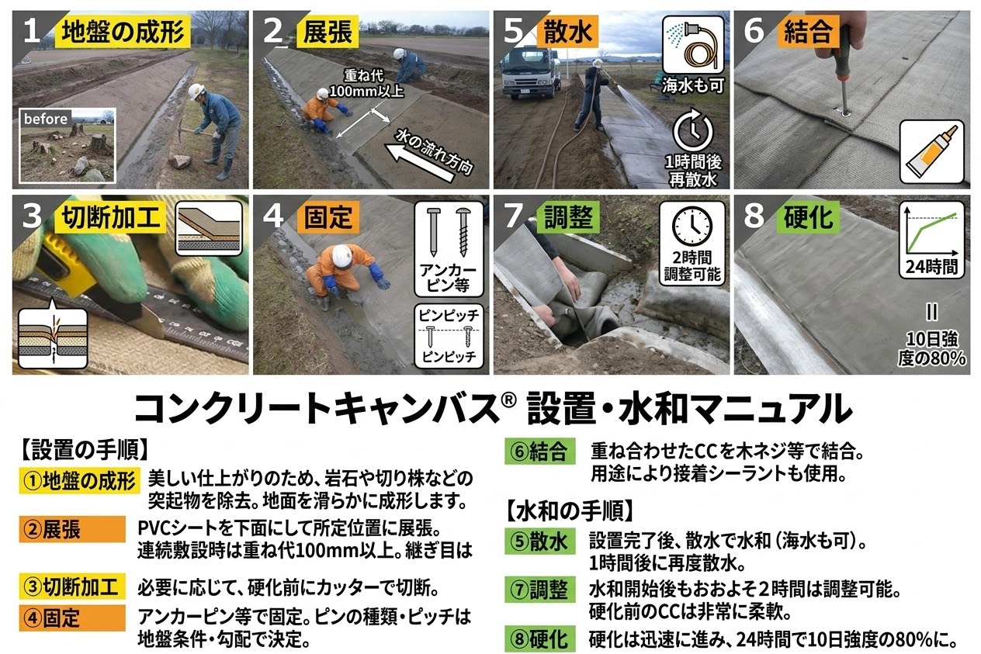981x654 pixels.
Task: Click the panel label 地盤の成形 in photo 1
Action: [123, 33]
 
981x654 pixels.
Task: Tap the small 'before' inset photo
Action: [68, 145]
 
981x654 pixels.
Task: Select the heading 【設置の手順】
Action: [84, 450]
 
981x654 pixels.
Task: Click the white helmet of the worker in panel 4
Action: [340, 254]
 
